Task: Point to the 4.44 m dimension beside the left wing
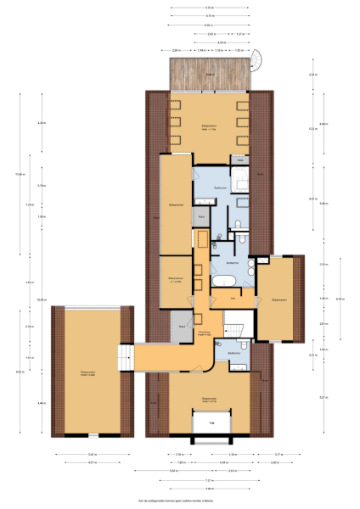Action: tap(42, 403)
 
